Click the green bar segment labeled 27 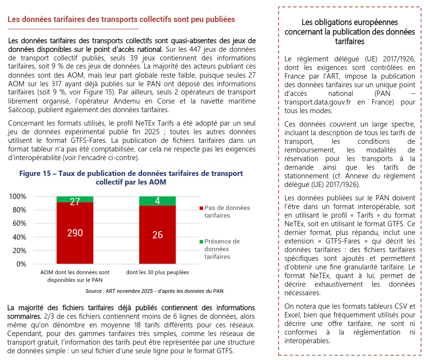(75, 199)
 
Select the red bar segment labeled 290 (75, 233)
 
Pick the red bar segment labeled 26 (157, 235)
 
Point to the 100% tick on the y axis (18, 197)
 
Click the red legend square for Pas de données (201, 208)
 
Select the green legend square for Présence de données (201, 242)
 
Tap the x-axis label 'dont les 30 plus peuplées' (157, 272)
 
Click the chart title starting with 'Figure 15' (131, 178)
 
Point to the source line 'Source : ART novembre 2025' (154, 291)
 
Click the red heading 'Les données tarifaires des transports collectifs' (121, 20)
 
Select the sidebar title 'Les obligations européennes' (350, 23)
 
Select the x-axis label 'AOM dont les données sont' (75, 272)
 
